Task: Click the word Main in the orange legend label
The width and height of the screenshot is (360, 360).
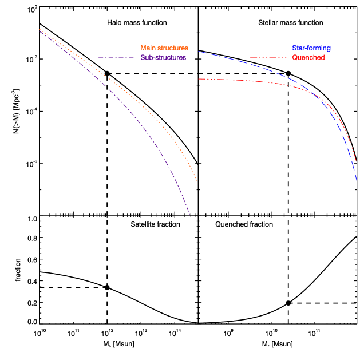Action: pyautogui.click(x=148, y=48)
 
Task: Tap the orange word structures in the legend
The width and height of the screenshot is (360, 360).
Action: pyautogui.click(x=173, y=48)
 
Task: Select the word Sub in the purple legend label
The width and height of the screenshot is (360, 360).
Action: pyautogui.click(x=147, y=58)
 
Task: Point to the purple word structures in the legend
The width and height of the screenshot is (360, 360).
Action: pyautogui.click(x=171, y=58)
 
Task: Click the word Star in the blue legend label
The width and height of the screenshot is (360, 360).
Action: pyautogui.click(x=299, y=48)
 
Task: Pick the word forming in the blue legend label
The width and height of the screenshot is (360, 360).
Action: pyautogui.click(x=319, y=48)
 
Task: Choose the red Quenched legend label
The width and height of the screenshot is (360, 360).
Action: pyautogui.click(x=308, y=58)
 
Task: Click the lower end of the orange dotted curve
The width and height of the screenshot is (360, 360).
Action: pyautogui.click(x=197, y=181)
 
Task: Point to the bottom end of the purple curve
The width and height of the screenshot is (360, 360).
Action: pyautogui.click(x=189, y=215)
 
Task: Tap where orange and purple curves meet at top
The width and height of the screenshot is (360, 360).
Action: pyautogui.click(x=40, y=30)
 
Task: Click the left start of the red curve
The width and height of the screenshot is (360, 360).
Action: pyautogui.click(x=199, y=79)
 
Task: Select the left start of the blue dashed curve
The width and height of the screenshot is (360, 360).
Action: pyautogui.click(x=199, y=52)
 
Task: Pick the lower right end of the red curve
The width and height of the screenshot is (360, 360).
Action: pyautogui.click(x=357, y=164)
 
